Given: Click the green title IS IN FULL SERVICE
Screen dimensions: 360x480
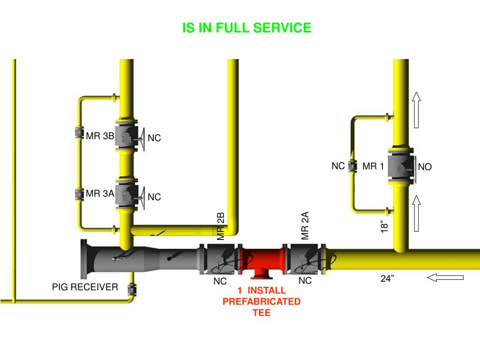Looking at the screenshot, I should [x=247, y=28].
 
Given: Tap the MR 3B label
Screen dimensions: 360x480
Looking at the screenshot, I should [x=100, y=136].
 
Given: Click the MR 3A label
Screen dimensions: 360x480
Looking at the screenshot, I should [x=100, y=193].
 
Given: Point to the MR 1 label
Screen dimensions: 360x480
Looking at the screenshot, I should [x=373, y=166].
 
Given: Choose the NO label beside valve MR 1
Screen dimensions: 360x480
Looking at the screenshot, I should [x=425, y=167].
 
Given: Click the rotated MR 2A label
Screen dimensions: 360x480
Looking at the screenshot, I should [x=305, y=225].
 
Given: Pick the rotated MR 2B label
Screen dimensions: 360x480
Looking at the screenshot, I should [x=221, y=226].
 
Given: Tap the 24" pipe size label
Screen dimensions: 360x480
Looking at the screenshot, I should [x=387, y=279].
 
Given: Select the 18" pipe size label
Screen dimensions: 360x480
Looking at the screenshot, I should [x=385, y=226].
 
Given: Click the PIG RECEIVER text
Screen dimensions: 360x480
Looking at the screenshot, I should [x=85, y=287].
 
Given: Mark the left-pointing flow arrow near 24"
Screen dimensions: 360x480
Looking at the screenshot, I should [x=445, y=277].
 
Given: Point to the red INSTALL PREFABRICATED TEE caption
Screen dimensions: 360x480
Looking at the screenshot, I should [x=262, y=301].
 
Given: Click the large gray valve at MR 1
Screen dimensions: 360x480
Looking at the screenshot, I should [x=401, y=165].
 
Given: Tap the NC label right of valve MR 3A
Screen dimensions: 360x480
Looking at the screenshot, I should [x=154, y=197].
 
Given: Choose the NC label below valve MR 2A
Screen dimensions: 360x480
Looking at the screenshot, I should [x=305, y=281].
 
